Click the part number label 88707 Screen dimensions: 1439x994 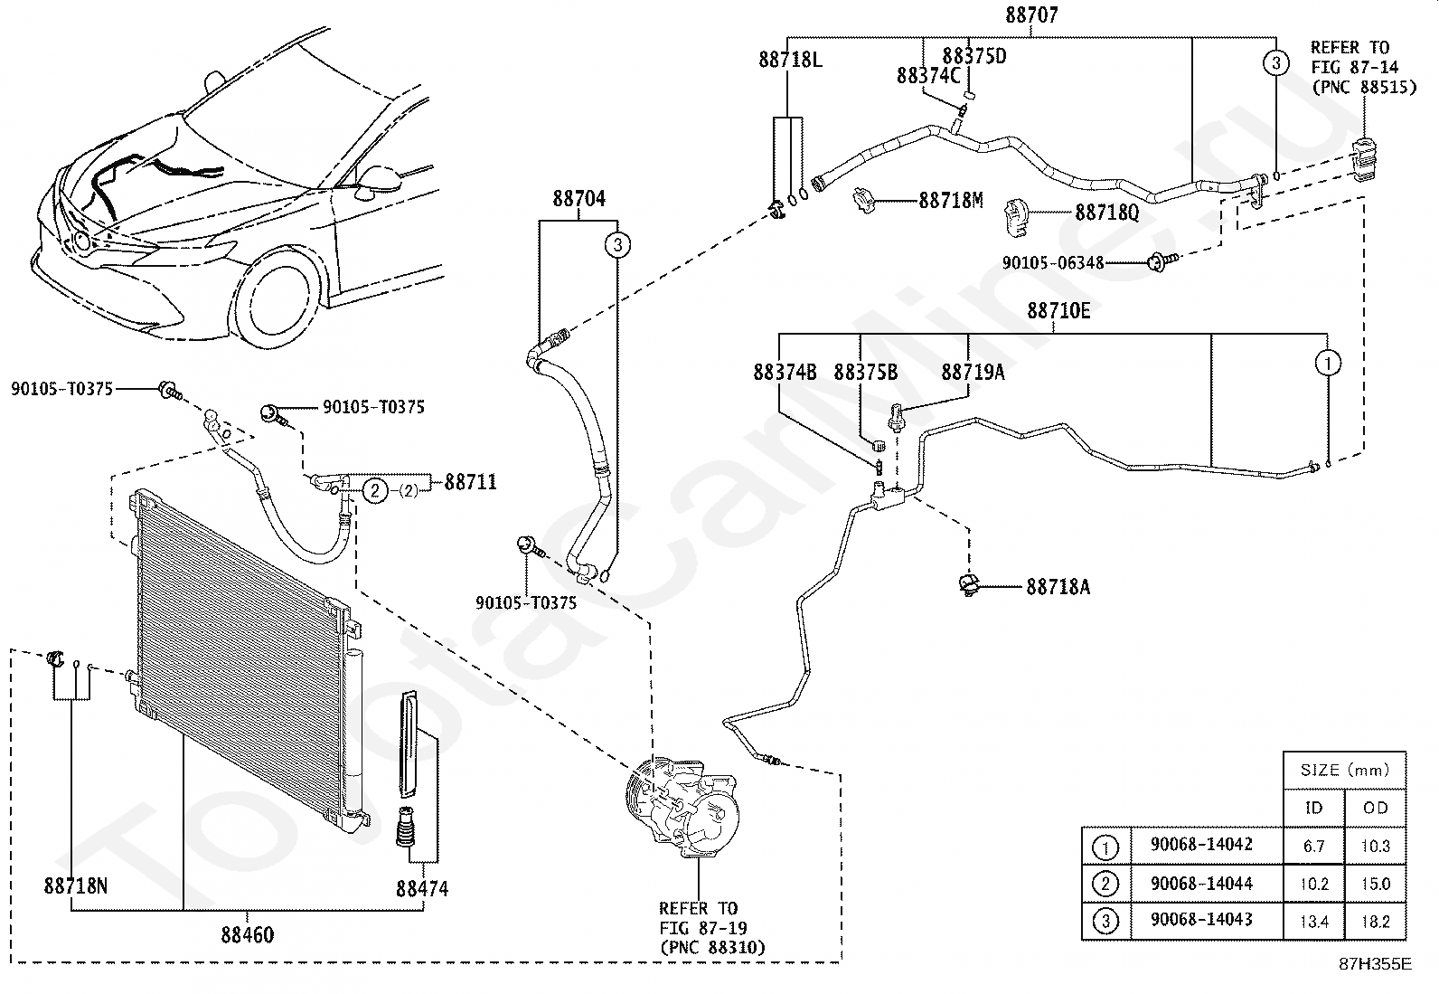pyautogui.click(x=1031, y=14)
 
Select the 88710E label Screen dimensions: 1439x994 pyautogui.click(x=1058, y=311)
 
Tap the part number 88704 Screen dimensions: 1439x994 pyautogui.click(x=578, y=199)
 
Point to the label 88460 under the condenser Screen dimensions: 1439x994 pyautogui.click(x=248, y=934)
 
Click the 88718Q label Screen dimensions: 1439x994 pyautogui.click(x=1107, y=213)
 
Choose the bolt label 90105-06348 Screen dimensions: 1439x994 pyautogui.click(x=1053, y=262)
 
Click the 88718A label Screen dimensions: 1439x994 pyautogui.click(x=1058, y=586)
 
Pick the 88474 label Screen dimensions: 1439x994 pyautogui.click(x=422, y=888)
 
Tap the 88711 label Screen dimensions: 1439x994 pyautogui.click(x=471, y=481)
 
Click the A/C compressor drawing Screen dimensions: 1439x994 pyautogui.click(x=682, y=806)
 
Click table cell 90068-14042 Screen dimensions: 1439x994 pyautogui.click(x=1201, y=844)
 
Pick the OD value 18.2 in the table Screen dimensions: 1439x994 pyautogui.click(x=1376, y=922)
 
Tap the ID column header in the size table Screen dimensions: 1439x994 pyautogui.click(x=1313, y=808)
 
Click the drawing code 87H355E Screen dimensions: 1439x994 pyautogui.click(x=1376, y=964)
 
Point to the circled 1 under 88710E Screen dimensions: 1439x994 pyautogui.click(x=1328, y=364)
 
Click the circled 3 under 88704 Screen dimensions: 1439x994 pyautogui.click(x=617, y=244)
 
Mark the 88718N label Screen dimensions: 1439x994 pyautogui.click(x=76, y=885)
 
